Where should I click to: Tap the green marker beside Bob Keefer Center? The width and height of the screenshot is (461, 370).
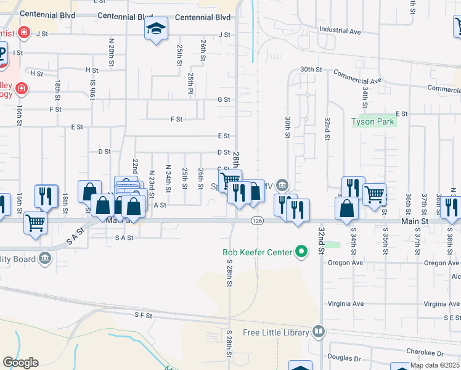[x=301, y=251]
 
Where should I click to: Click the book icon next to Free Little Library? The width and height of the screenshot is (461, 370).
[x=319, y=332]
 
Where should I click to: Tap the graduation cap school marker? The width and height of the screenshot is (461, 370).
[x=157, y=28]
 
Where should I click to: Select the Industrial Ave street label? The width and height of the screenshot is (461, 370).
[x=340, y=30]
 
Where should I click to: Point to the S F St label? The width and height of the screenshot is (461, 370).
[x=143, y=315]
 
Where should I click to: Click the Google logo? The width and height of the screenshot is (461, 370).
[x=20, y=363]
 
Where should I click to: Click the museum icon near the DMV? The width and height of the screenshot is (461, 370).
[x=282, y=184]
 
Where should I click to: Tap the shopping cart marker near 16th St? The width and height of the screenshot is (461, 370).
[x=36, y=223]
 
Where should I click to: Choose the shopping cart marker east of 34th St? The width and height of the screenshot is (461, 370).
[x=375, y=195]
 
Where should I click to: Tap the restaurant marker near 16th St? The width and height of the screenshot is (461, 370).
[x=46, y=195]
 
